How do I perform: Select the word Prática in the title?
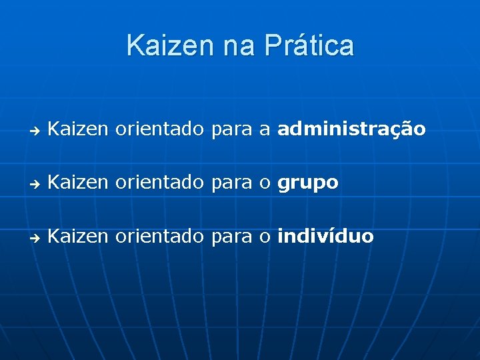(309, 46)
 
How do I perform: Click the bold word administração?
(351, 129)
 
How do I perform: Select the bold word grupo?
(308, 183)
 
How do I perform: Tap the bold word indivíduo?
(325, 236)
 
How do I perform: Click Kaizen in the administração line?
(78, 129)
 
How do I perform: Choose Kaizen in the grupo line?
(78, 183)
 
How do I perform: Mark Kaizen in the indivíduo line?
(78, 236)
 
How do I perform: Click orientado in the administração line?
(159, 129)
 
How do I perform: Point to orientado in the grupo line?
(159, 183)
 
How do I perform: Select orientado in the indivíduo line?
(159, 236)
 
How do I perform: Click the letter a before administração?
(265, 130)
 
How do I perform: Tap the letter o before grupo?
(265, 184)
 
